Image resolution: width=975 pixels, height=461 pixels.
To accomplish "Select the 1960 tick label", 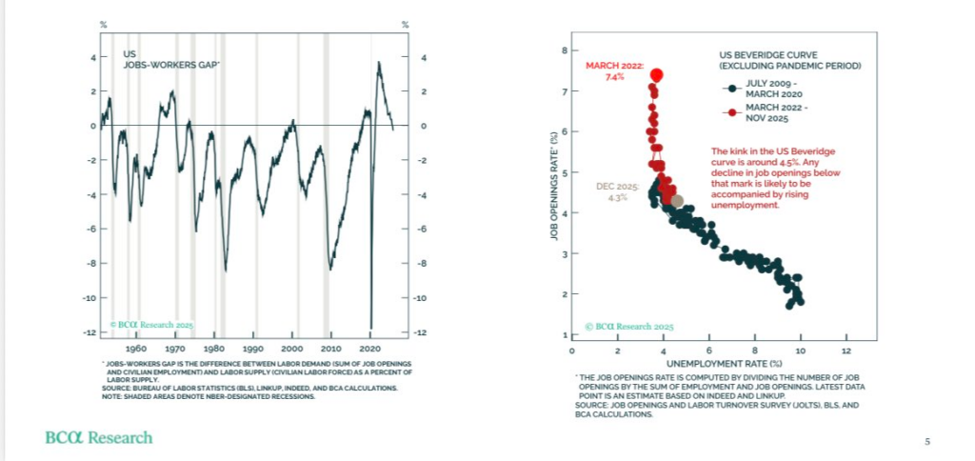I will pos(136,349).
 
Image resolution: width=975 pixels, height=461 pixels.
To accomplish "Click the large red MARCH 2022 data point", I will pos(656,74).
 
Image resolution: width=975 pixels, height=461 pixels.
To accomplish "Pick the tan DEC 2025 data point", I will pos(677,201).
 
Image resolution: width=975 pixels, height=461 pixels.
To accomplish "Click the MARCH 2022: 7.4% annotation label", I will pos(616,71).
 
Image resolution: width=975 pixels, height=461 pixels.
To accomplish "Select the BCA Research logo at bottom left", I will pos(98,437).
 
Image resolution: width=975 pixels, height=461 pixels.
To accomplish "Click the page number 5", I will pos(927,442).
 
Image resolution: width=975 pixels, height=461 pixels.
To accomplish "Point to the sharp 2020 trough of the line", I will pos(370,327).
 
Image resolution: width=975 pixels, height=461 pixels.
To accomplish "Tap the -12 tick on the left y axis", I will pos(92,332).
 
